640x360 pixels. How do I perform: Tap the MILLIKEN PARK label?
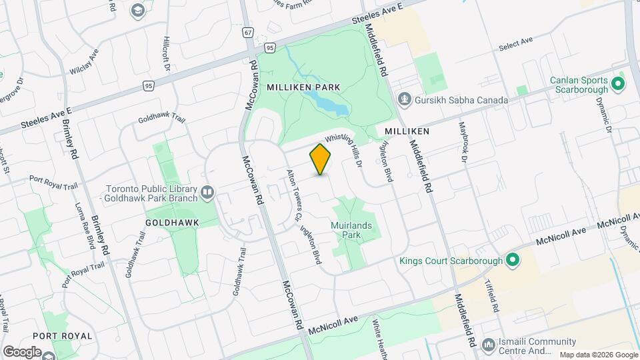[x=303, y=87]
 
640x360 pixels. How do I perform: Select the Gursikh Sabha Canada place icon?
[x=404, y=100]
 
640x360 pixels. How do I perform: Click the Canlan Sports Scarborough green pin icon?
[x=617, y=84]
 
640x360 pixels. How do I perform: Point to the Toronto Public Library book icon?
[x=207, y=193]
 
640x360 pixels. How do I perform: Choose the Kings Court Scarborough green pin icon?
[x=513, y=260]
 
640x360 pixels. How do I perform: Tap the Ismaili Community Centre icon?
[x=488, y=345]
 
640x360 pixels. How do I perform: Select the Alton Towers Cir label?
[x=294, y=194]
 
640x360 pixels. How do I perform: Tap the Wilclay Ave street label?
[x=85, y=60]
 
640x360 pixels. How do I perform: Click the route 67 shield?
[x=248, y=31]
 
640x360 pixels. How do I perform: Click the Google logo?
[x=22, y=351]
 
